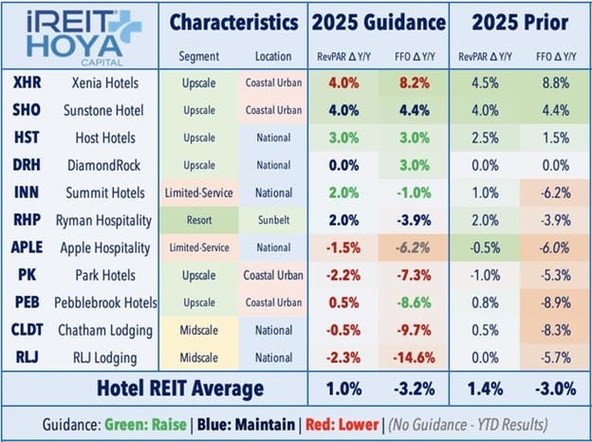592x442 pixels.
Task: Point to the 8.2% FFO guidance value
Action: [x=411, y=83]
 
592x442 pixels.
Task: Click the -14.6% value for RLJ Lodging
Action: [x=411, y=358]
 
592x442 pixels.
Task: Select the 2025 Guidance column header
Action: [x=377, y=21]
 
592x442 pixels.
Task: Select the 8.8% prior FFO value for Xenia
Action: [x=554, y=83]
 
